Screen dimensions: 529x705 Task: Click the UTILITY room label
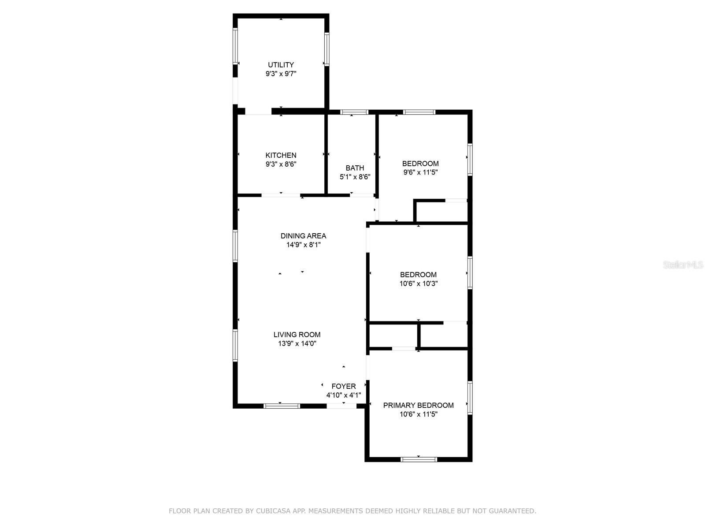tap(281, 65)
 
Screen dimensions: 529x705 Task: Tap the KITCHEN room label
tap(281, 155)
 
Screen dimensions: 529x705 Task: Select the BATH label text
tap(355, 168)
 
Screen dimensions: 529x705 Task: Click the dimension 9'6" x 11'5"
tap(420, 172)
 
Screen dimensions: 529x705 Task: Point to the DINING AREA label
tap(303, 236)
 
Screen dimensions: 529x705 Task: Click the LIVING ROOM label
tap(297, 335)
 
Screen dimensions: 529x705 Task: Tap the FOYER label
tap(344, 386)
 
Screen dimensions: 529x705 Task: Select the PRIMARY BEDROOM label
tap(418, 405)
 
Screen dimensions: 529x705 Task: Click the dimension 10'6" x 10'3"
tap(418, 283)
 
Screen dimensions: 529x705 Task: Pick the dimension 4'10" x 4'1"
tap(344, 395)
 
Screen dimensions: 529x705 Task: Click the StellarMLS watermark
tap(683, 265)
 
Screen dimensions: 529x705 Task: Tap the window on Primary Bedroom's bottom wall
tap(419, 459)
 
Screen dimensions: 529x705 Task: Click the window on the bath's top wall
tap(354, 112)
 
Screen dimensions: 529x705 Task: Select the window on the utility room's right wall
tap(327, 49)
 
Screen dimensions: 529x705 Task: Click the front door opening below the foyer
tap(341, 406)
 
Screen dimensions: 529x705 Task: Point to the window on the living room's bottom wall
tap(282, 406)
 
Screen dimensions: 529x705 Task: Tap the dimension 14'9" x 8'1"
tap(303, 245)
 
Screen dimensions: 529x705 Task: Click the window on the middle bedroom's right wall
tap(470, 273)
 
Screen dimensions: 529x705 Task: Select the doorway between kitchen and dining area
tap(281, 195)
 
